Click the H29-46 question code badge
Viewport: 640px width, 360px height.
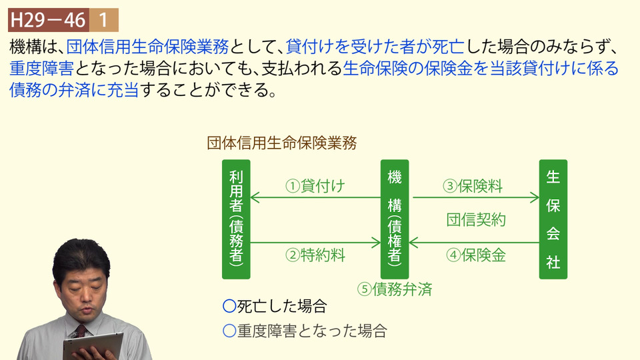coord(49,20)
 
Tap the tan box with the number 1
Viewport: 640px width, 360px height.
coord(104,20)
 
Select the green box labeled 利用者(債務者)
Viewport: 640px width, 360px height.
coord(236,219)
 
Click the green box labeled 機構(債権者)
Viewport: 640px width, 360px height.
coord(395,219)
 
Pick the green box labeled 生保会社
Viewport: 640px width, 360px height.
coord(553,219)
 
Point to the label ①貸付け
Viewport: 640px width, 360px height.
coord(315,186)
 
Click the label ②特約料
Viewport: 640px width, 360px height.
coord(315,255)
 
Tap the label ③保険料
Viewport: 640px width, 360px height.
coord(473,186)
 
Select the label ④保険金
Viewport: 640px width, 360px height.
coord(476,255)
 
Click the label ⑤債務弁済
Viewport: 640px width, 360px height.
coord(395,289)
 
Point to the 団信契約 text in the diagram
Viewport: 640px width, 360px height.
coord(476,219)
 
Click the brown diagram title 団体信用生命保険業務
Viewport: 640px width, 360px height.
coord(281,143)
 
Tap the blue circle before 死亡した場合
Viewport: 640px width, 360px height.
coord(229,306)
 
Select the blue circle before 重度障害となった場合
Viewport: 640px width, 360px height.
coord(229,331)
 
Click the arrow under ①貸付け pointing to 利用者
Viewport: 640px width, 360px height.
coord(315,197)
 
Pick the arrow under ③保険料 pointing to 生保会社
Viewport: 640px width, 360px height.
coord(476,197)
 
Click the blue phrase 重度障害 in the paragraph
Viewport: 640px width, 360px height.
coord(41,68)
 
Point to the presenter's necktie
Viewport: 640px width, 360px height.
coord(81,331)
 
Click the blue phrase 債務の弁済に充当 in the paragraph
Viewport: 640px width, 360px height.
coord(74,90)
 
